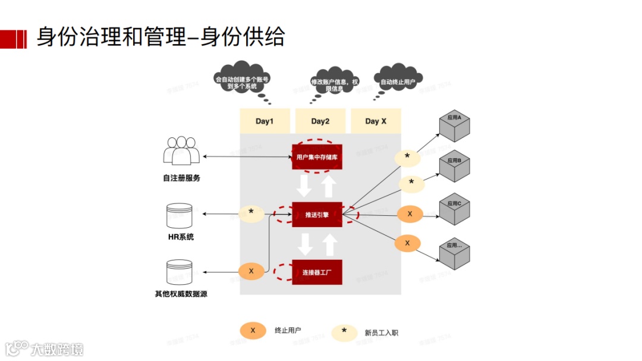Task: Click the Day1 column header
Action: [x=265, y=121]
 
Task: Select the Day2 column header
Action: [x=320, y=121]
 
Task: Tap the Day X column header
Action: [x=376, y=121]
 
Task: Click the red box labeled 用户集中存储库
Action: [x=317, y=158]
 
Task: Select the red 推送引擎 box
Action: [x=317, y=215]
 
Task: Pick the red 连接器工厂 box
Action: [x=317, y=272]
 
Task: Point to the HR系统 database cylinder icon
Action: [x=180, y=215]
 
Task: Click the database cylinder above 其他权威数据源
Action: [x=180, y=272]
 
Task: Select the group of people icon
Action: [x=181, y=150]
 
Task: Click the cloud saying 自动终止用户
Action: [x=398, y=81]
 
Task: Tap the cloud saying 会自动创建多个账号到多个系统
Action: [x=241, y=79]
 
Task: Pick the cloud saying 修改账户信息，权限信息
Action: [x=333, y=84]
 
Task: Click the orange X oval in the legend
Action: [x=253, y=331]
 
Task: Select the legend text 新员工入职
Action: [x=381, y=332]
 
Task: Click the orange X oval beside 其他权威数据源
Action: [x=251, y=271]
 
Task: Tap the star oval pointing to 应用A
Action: [x=407, y=157]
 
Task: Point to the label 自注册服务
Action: [x=181, y=178]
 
